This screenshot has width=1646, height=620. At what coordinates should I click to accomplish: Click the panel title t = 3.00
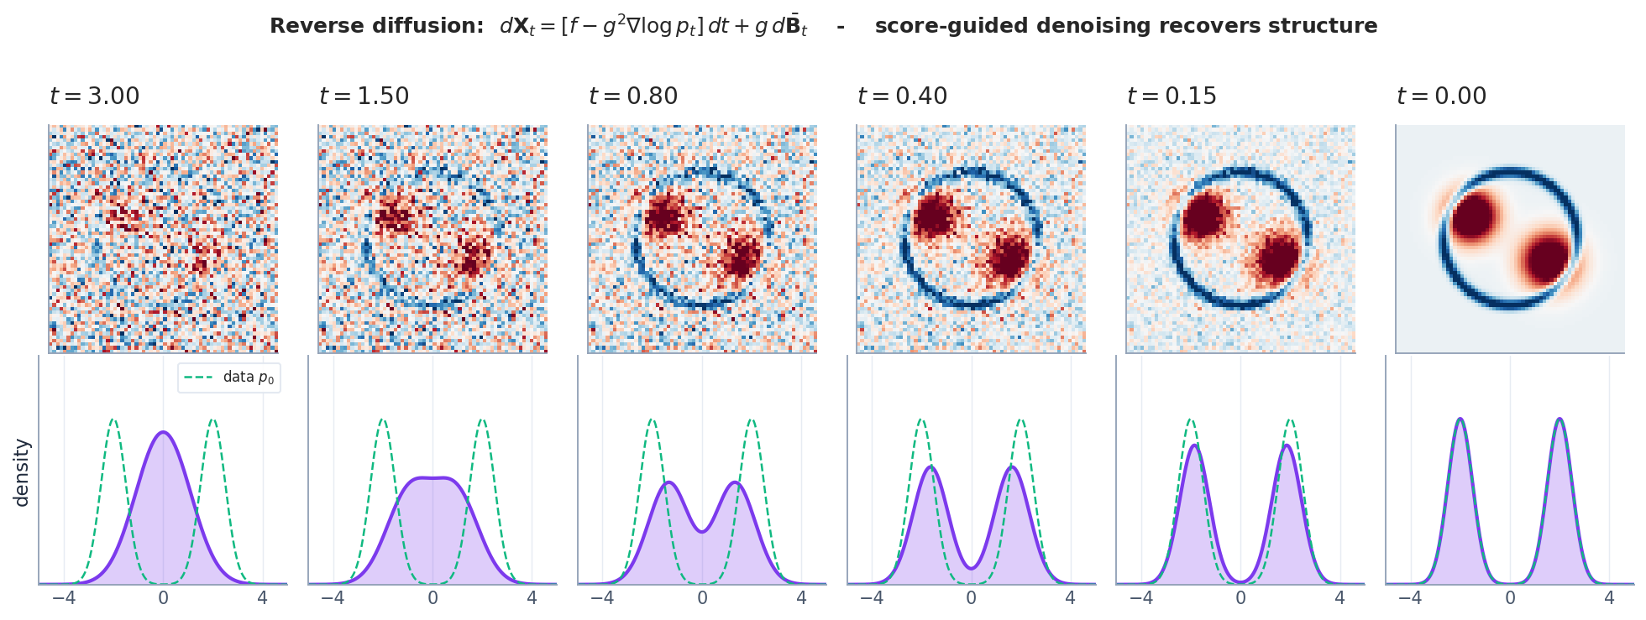click(95, 96)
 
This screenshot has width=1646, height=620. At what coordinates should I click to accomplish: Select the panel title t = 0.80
click(633, 96)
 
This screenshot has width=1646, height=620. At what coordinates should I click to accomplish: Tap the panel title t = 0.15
click(1172, 96)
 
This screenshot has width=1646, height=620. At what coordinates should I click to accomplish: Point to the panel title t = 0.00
click(1441, 96)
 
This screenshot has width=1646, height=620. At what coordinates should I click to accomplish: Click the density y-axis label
click(22, 472)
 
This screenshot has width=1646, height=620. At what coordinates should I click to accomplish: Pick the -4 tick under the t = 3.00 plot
click(64, 598)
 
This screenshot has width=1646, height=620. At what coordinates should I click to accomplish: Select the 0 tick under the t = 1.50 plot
click(432, 598)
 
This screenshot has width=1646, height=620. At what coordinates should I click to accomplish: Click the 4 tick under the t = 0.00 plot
click(1609, 598)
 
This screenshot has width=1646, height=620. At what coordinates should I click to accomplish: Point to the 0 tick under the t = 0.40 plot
click(971, 598)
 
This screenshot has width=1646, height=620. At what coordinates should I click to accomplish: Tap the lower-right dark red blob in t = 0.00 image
click(1547, 259)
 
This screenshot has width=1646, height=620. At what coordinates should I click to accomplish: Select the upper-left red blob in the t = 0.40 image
click(935, 216)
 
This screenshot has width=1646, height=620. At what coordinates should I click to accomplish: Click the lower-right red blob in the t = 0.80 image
click(742, 257)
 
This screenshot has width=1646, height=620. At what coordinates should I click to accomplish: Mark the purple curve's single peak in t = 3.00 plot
click(163, 433)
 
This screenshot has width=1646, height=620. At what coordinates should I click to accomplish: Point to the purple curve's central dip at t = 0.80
click(702, 531)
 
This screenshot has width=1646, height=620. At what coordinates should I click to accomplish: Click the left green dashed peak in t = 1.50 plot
click(383, 420)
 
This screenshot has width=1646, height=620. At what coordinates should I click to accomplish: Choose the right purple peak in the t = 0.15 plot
click(1287, 445)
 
